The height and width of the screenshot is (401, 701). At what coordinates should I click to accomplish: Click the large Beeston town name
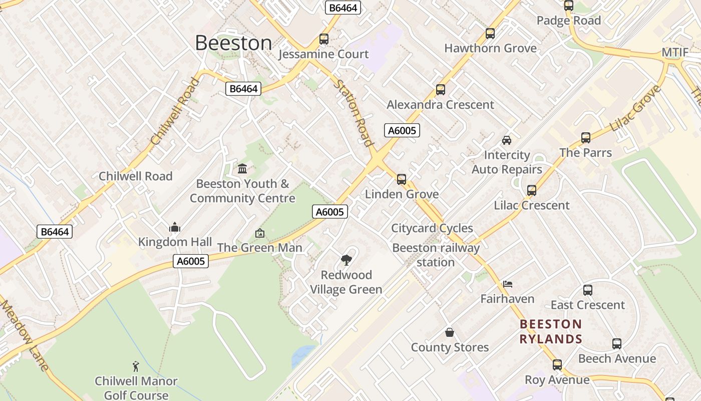(x=233, y=43)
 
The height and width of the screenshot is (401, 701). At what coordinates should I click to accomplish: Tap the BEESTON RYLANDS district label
(x=551, y=332)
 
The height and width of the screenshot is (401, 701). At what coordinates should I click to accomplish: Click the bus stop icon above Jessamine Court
(x=324, y=39)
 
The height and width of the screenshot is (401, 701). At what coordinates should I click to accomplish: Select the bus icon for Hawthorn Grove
(x=490, y=34)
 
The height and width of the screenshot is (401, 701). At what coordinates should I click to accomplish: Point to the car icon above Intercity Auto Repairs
(x=507, y=140)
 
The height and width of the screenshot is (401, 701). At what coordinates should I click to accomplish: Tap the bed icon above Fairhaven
(x=508, y=284)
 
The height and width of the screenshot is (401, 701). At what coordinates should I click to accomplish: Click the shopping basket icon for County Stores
(x=450, y=332)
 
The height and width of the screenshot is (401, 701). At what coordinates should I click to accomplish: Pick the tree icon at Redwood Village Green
(x=345, y=260)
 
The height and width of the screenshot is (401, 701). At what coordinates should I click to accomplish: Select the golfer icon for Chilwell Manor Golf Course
(x=136, y=366)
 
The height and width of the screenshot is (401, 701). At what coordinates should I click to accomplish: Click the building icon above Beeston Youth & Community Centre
(x=242, y=168)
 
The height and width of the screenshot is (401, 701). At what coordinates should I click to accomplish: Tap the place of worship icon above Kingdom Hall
(x=175, y=228)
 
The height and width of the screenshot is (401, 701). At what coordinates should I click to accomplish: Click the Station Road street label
(x=355, y=113)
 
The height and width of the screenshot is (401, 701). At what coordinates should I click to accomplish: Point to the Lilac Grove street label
(x=636, y=109)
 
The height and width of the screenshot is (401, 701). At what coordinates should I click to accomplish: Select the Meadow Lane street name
(x=25, y=335)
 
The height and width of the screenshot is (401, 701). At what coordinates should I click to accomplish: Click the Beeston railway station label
(x=436, y=255)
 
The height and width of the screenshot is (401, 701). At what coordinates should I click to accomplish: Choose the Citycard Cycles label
(x=432, y=228)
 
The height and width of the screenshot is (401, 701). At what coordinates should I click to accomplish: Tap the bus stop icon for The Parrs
(x=586, y=138)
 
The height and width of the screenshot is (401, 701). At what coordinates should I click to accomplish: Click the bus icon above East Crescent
(x=588, y=290)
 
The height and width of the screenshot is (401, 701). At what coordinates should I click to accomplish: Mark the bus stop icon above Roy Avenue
(x=557, y=365)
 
